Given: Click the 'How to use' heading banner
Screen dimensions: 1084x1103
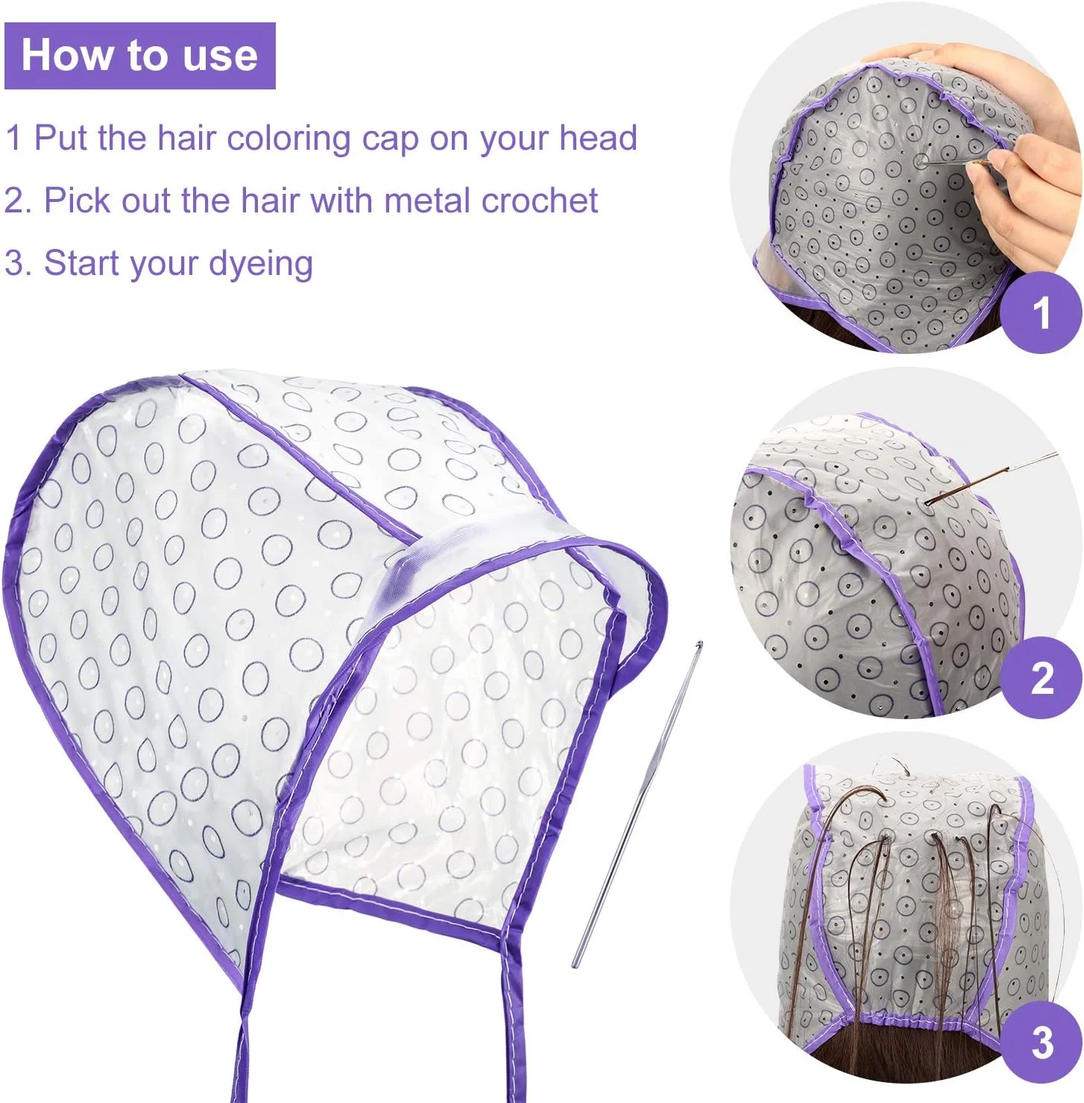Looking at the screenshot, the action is pyautogui.click(x=140, y=56).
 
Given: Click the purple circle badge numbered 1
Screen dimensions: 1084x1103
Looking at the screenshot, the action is pyautogui.click(x=1042, y=312).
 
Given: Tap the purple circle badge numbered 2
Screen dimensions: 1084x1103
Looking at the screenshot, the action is pyautogui.click(x=1042, y=677).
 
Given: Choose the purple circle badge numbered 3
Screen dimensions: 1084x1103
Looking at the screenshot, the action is pyautogui.click(x=1042, y=1041).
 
